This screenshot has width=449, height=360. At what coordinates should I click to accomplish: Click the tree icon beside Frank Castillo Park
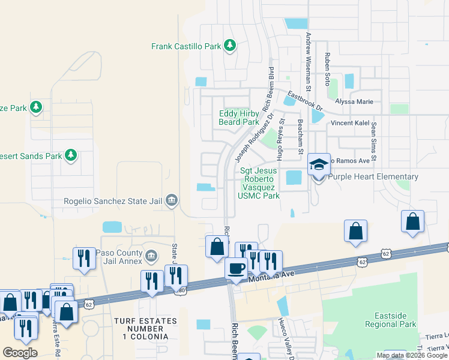(x=229, y=46)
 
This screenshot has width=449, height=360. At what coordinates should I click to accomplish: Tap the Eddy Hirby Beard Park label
(x=238, y=118)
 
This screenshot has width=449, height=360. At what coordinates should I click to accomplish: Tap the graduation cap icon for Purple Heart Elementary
(x=319, y=164)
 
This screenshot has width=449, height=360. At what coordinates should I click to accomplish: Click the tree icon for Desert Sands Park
(x=71, y=156)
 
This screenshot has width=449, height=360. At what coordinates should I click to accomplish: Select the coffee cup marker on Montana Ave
(x=236, y=268)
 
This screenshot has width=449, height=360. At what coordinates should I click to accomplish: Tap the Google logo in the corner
(x=20, y=353)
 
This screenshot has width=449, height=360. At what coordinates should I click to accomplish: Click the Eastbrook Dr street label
(x=305, y=101)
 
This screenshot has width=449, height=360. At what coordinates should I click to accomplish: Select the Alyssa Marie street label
(x=354, y=102)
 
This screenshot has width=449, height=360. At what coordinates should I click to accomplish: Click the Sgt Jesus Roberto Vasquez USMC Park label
(x=259, y=183)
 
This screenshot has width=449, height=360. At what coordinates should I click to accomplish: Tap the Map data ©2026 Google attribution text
(x=412, y=355)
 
